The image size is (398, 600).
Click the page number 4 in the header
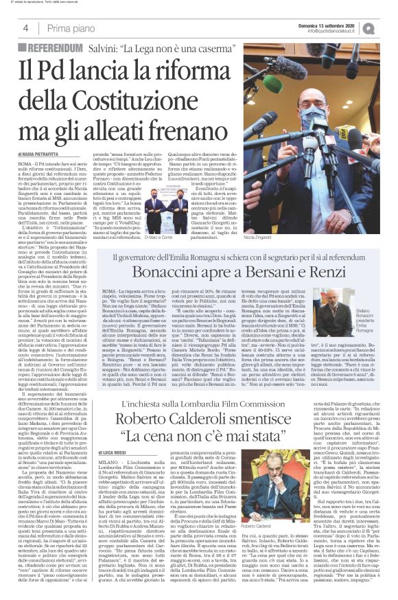coord(25,27)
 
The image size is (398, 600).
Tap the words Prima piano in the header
coord(71,27)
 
